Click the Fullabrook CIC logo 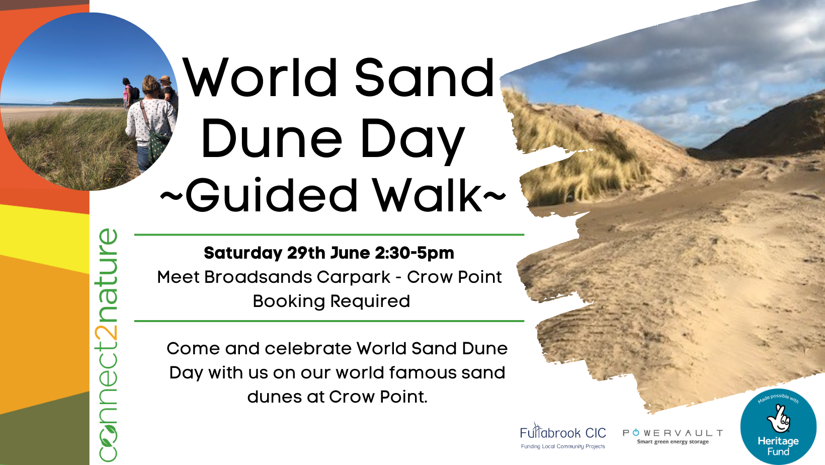[563, 436]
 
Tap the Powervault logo [673, 436]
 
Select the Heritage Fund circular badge [778, 426]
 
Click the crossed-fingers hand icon [778, 419]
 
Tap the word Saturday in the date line [242, 253]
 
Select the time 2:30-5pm [415, 253]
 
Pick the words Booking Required [331, 301]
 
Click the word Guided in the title [271, 196]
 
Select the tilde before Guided [171, 196]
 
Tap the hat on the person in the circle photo [164, 79]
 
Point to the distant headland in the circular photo [89, 102]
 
